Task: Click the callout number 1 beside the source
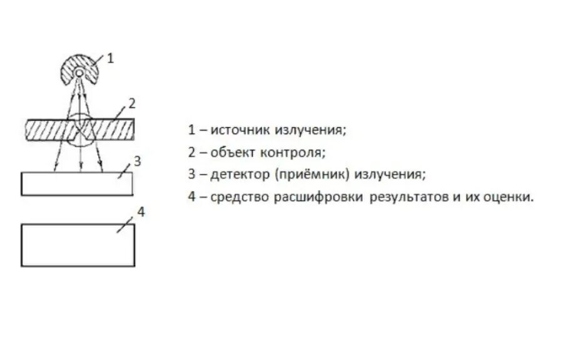point(111,58)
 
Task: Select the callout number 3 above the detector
point(138,160)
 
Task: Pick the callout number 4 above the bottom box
point(141,212)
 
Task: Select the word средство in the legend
point(239,197)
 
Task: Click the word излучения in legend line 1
point(312,130)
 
